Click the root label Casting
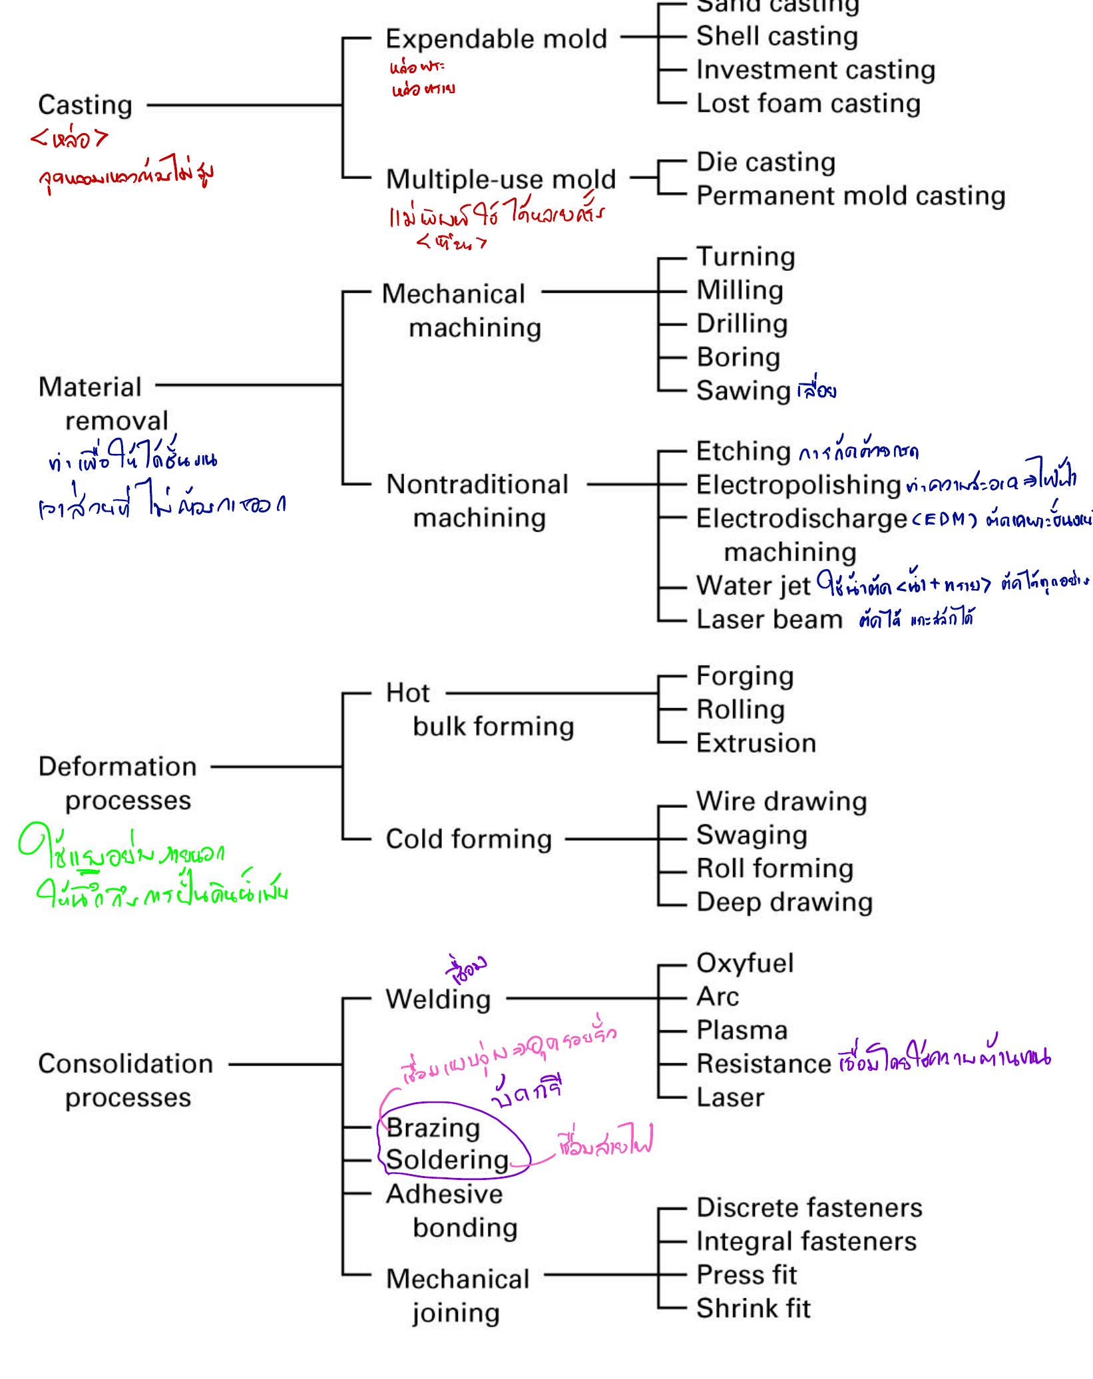pos(85,105)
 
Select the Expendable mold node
pos(496,39)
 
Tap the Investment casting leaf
pos(815,70)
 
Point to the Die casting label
pos(765,162)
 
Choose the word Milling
pos(740,290)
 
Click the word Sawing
pos(743,391)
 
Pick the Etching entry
pos(743,451)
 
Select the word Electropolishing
pos(798,485)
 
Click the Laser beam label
pos(769,620)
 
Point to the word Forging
pos(745,676)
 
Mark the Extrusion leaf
pos(756,743)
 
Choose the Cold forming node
pos(469,839)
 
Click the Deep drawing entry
pos(784,902)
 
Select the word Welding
pos(438,1000)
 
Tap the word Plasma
pos(742,1030)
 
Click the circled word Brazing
pos(433,1128)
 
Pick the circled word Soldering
pos(447,1160)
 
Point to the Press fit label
pos(746,1275)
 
